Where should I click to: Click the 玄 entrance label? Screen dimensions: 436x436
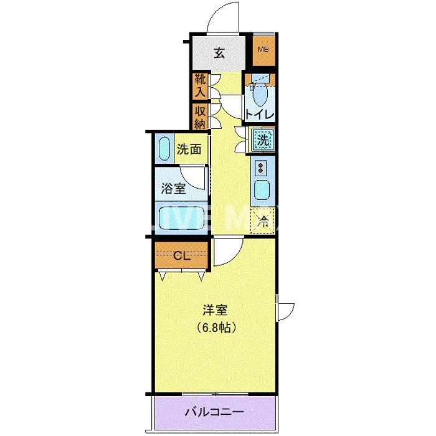pyautogui.click(x=219, y=53)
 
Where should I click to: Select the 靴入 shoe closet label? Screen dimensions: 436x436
pyautogui.click(x=199, y=86)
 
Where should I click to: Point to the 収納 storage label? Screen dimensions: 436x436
pyautogui.click(x=199, y=117)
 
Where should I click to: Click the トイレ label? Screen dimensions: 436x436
pyautogui.click(x=260, y=114)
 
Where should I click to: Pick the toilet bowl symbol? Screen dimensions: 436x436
pyautogui.click(x=260, y=93)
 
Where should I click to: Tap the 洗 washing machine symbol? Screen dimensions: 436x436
pyautogui.click(x=263, y=140)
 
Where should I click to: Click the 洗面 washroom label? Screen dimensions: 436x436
pyautogui.click(x=189, y=149)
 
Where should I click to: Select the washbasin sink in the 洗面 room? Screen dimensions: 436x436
pyautogui.click(x=164, y=149)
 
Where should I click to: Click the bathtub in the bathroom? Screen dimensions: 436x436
pyautogui.click(x=181, y=219)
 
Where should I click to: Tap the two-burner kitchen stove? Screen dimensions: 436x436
pyautogui.click(x=260, y=167)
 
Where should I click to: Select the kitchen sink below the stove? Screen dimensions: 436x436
pyautogui.click(x=260, y=191)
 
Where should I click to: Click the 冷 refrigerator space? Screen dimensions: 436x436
pyautogui.click(x=263, y=220)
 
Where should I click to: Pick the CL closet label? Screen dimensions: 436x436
pyautogui.click(x=182, y=254)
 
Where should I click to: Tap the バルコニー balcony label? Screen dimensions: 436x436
pyautogui.click(x=214, y=412)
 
